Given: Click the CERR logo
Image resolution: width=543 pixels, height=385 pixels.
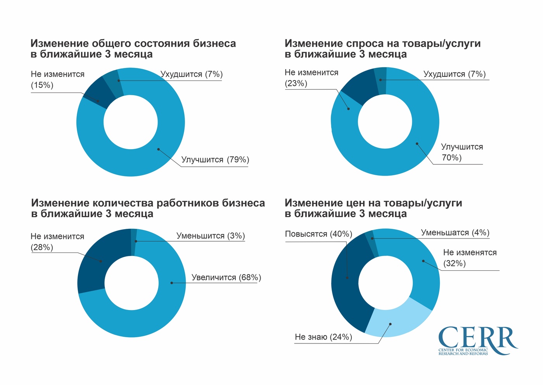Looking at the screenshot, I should click(x=477, y=340).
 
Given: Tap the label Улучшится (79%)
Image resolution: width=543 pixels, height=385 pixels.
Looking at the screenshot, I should click(x=215, y=160).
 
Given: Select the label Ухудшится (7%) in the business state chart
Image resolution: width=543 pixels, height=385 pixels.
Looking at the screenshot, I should click(x=192, y=74).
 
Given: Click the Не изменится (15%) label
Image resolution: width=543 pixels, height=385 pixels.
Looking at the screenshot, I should click(x=57, y=80).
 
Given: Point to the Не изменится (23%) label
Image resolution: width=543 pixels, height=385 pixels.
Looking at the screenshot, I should click(x=311, y=78).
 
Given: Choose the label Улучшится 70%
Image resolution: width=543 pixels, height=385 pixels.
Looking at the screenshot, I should click(x=462, y=152).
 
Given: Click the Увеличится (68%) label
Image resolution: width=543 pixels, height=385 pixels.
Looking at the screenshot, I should click(x=226, y=277).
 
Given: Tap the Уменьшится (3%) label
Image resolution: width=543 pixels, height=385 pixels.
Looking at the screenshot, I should click(x=211, y=236).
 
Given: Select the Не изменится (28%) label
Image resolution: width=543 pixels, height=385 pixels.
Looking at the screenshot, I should click(x=57, y=242).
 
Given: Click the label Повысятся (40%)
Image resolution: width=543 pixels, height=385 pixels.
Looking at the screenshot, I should click(x=318, y=234).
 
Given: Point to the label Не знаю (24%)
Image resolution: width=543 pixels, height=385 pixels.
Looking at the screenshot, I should click(x=323, y=337).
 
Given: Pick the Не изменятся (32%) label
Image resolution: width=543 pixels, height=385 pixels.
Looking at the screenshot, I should click(x=470, y=258).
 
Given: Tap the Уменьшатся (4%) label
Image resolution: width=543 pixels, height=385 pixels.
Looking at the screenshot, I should click(x=455, y=233).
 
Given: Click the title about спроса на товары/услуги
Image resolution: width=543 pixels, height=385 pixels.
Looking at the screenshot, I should click(x=382, y=49).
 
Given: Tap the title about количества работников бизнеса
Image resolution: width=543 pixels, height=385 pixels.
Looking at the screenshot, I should click(x=148, y=208).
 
